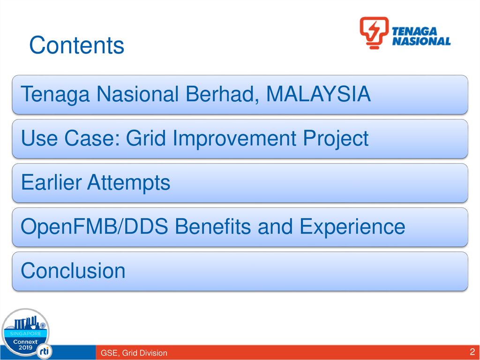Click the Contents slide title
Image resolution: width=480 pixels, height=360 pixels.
tap(76, 45)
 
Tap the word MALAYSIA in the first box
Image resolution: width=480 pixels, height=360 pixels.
tap(318, 94)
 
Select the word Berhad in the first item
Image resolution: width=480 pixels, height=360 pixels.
tap(220, 94)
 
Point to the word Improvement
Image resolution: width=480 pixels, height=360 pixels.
tap(234, 138)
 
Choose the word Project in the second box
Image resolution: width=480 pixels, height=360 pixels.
tap(336, 138)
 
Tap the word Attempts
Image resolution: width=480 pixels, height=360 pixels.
tap(128, 183)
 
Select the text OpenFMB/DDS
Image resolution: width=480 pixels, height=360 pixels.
tap(94, 226)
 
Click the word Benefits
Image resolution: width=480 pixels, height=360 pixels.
tap(213, 226)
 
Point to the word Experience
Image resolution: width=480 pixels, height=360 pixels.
tap(352, 227)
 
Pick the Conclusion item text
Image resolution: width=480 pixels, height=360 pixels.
tap(73, 270)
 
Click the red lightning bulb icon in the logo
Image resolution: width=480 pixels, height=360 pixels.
tap(374, 33)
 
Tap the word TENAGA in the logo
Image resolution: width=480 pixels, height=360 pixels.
tap(414, 31)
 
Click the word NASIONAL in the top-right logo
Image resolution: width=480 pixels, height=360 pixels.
tap(421, 41)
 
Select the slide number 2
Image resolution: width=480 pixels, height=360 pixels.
tap(472, 351)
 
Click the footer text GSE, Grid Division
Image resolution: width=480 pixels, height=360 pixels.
tap(134, 353)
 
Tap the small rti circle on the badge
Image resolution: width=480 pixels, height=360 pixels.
tap(44, 352)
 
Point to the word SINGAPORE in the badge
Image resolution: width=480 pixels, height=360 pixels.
tap(25, 333)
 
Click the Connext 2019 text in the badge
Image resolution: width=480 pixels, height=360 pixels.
tap(25, 345)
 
